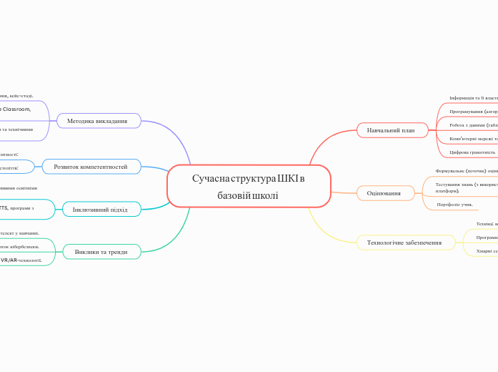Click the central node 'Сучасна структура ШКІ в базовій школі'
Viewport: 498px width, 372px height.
coord(249,186)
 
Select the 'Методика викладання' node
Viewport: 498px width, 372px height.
coord(97,121)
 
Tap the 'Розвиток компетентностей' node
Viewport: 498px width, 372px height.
coord(91,167)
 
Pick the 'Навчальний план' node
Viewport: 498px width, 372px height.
coord(391,130)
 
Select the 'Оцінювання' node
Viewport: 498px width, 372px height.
coord(384,193)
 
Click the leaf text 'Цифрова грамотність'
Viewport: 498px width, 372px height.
coord(472,152)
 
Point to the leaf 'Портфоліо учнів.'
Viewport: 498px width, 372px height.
coord(455,205)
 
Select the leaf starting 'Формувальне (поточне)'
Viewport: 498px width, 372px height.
coord(466,172)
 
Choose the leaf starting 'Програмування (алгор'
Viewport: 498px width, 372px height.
coord(473,112)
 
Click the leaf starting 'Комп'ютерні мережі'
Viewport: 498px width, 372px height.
coord(473,139)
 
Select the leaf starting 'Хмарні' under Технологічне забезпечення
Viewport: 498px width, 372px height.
coord(486,251)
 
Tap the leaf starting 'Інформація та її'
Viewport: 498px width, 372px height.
coord(473,98)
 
